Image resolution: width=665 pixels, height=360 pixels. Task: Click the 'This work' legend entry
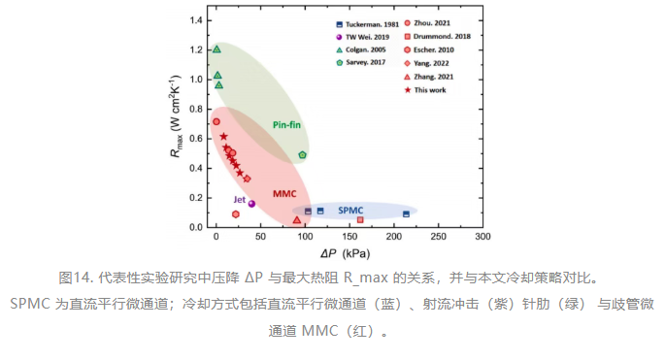tap(426, 90)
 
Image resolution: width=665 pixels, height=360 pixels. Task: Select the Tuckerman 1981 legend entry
tap(368, 24)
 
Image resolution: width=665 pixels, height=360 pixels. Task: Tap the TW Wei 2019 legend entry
tap(363, 37)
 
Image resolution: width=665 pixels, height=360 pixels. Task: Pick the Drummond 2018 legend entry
tap(438, 37)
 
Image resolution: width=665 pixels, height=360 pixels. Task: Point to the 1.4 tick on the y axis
tap(196, 20)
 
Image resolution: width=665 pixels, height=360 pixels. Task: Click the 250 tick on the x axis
tap(438, 237)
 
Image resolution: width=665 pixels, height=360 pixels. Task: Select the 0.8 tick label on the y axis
tap(196, 109)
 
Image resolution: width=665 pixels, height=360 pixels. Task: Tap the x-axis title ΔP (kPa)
tap(346, 253)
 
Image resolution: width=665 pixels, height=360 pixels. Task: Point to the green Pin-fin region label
tap(286, 124)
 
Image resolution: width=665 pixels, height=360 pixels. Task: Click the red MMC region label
tap(284, 194)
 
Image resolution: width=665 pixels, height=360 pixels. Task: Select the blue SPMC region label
tap(350, 211)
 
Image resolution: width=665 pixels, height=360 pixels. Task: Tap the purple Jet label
tap(239, 199)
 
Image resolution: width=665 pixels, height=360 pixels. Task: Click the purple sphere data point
tap(251, 204)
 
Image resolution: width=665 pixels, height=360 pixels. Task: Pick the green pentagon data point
tap(302, 155)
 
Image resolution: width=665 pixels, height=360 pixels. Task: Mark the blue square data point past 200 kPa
tap(407, 214)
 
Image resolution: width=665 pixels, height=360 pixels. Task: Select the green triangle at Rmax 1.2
tap(216, 49)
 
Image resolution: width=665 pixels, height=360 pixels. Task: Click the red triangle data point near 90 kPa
tap(297, 219)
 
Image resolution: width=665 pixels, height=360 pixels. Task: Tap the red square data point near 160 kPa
tap(360, 219)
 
